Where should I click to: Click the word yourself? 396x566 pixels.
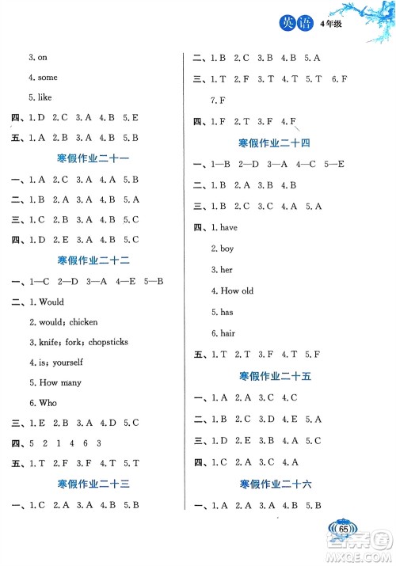[67, 362]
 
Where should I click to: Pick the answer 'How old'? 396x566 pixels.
[237, 291]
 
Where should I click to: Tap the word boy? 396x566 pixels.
[227, 249]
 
